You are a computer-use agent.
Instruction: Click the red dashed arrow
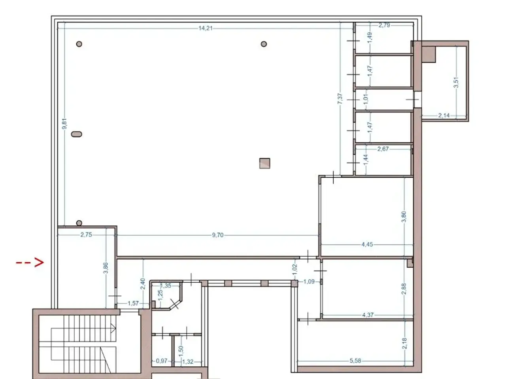[30, 262]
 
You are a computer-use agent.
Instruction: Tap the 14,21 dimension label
[206, 28]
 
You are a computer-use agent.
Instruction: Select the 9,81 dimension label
[65, 124]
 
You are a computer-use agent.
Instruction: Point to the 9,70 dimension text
[217, 235]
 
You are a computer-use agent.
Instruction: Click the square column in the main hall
[264, 163]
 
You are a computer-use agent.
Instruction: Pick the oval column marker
[77, 134]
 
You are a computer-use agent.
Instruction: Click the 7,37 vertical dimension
[340, 98]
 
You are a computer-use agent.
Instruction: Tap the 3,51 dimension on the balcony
[456, 83]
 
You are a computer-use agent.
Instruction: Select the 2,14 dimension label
[444, 115]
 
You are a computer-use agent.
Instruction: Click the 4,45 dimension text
[367, 244]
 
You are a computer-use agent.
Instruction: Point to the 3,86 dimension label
[106, 268]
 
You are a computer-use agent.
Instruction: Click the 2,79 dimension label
[384, 25]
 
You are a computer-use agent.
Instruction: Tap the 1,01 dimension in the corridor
[366, 99]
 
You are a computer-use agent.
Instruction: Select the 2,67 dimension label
[383, 149]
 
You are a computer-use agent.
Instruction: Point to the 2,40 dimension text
[143, 284]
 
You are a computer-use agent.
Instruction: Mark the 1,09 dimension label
[309, 281]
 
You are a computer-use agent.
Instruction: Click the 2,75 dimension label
[86, 235]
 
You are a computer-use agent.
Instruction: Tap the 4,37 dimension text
[368, 315]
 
